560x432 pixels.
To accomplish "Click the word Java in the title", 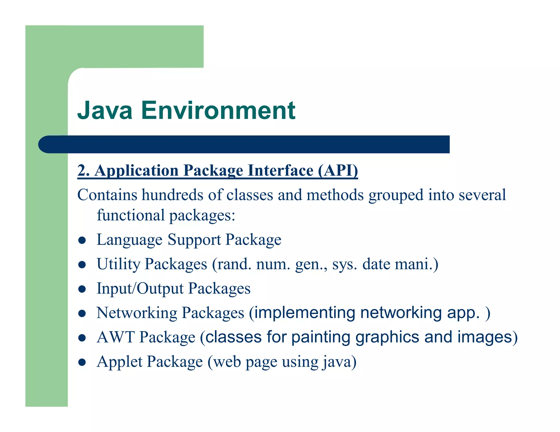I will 105,111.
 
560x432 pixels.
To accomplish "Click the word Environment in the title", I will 218,111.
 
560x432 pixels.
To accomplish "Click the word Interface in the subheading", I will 281,171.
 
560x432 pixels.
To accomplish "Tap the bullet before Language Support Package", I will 82,240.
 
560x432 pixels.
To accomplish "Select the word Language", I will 130,240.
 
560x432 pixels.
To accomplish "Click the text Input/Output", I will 140,288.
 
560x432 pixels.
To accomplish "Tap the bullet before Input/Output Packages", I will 82,289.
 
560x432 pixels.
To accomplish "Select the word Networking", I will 137,313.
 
